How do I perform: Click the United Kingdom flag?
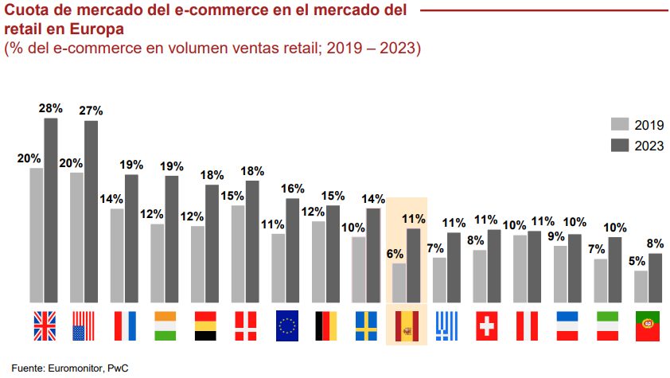[x=44, y=325]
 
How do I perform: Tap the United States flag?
[x=84, y=325]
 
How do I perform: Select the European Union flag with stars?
[x=286, y=325]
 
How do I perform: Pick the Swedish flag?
[x=366, y=325]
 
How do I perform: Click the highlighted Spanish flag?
[x=407, y=325]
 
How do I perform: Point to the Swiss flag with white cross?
[x=487, y=325]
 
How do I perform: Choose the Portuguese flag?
[x=649, y=325]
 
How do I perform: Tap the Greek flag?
[x=447, y=325]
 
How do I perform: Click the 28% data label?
[x=49, y=108]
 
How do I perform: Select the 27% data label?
[x=91, y=111]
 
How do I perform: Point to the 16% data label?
[x=292, y=189]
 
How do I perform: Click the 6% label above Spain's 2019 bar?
[x=395, y=254]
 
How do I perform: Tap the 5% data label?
[x=637, y=261]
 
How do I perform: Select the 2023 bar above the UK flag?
[x=51, y=210]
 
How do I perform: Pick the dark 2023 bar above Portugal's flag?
[x=655, y=278]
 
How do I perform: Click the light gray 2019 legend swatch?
[x=620, y=125]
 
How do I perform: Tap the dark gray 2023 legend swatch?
[x=620, y=146]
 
